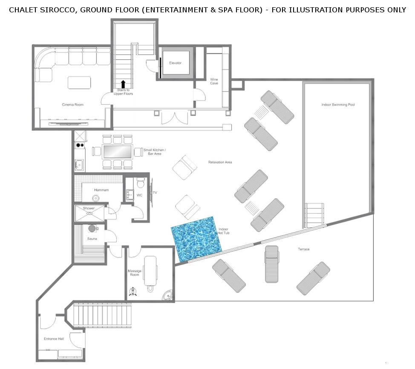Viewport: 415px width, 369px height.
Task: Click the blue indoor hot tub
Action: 196,239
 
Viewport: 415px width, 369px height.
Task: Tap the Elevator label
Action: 175,63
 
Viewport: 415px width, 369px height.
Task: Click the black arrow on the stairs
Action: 123,84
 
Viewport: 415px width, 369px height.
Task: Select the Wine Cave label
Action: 214,81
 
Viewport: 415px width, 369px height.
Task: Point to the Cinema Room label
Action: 73,104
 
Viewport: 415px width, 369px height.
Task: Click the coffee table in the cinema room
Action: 79,83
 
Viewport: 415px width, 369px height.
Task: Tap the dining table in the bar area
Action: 118,152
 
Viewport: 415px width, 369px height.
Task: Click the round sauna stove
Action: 92,228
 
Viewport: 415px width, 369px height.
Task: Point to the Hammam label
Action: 101,190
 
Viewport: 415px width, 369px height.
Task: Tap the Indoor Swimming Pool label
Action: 338,104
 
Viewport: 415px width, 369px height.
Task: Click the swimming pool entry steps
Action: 314,215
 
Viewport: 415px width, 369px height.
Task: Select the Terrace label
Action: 303,249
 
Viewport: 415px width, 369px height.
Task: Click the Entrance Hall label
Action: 54,339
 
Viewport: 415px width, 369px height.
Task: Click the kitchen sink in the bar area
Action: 79,165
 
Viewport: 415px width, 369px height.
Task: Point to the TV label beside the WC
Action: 155,193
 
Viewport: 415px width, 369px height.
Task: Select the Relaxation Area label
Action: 220,162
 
